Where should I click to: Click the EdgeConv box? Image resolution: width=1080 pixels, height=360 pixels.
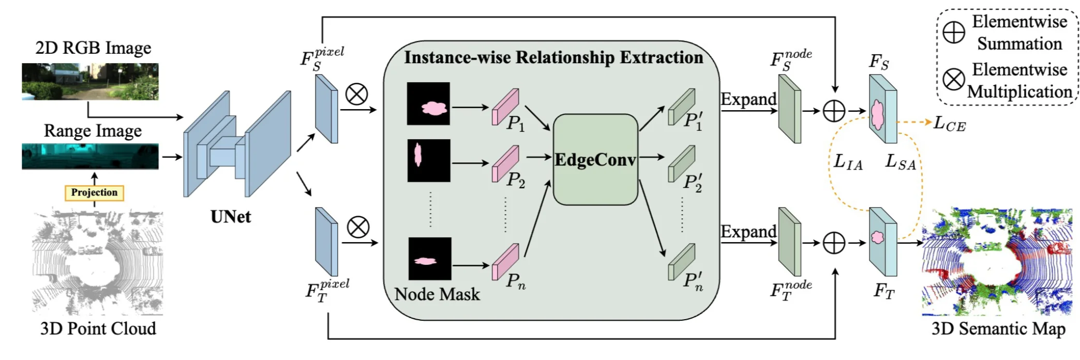(x=595, y=159)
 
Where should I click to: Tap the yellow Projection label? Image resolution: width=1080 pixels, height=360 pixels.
(x=94, y=192)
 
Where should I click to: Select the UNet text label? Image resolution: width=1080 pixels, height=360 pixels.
(x=231, y=217)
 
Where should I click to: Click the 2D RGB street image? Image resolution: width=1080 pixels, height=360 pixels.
(x=90, y=81)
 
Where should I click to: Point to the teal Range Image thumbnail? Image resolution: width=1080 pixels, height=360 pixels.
(x=90, y=156)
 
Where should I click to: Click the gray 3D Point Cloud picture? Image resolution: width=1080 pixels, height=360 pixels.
(x=97, y=262)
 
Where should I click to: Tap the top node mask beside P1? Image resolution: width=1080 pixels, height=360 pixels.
(x=428, y=103)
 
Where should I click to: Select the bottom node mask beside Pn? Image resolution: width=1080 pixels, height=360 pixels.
(x=429, y=259)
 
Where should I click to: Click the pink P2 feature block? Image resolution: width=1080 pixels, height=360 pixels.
(x=505, y=163)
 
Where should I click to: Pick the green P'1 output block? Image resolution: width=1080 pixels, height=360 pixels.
(x=681, y=107)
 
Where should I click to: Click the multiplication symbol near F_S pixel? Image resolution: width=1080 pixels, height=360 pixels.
(x=356, y=94)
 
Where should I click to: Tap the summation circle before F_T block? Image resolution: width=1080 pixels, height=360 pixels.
(x=834, y=243)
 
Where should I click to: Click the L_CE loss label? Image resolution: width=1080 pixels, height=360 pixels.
(x=949, y=124)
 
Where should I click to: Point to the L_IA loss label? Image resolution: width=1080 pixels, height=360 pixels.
(x=848, y=162)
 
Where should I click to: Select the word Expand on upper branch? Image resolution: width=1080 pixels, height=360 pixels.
(x=748, y=99)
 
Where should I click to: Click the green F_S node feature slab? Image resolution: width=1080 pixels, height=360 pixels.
(x=789, y=109)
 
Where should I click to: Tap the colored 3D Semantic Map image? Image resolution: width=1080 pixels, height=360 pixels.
(x=997, y=262)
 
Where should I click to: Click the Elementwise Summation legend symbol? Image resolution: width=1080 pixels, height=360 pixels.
(x=954, y=33)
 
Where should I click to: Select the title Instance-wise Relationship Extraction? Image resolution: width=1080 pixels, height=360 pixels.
(x=553, y=57)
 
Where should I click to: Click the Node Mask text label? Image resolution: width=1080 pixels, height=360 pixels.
(x=437, y=294)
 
